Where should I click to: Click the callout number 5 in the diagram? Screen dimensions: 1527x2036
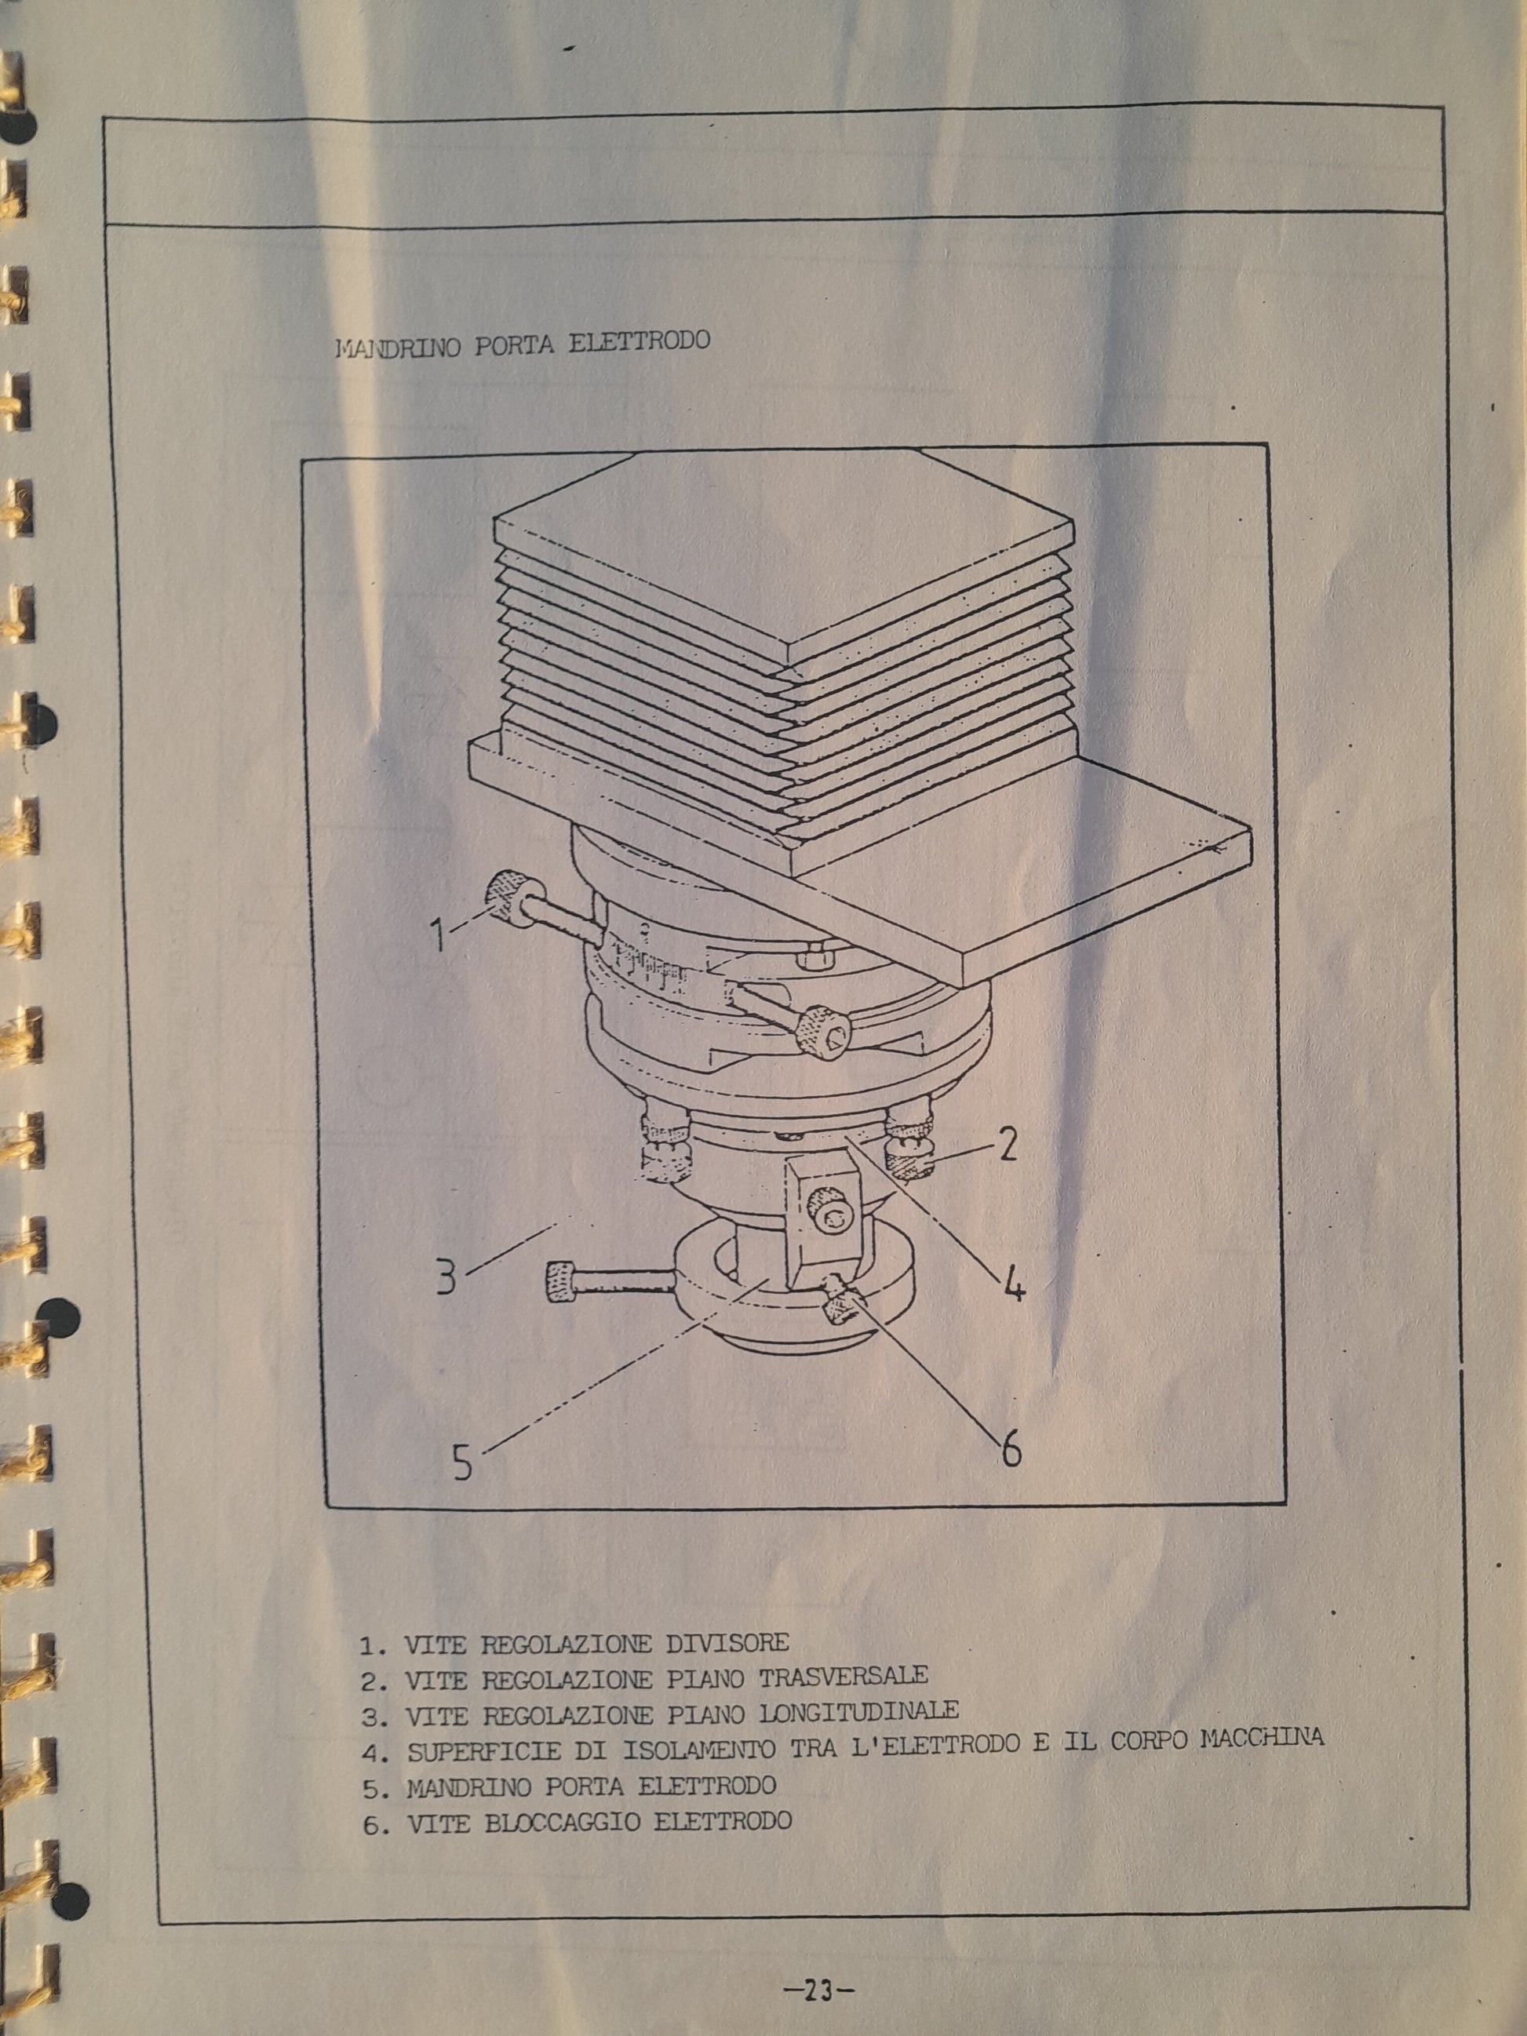462,1462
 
